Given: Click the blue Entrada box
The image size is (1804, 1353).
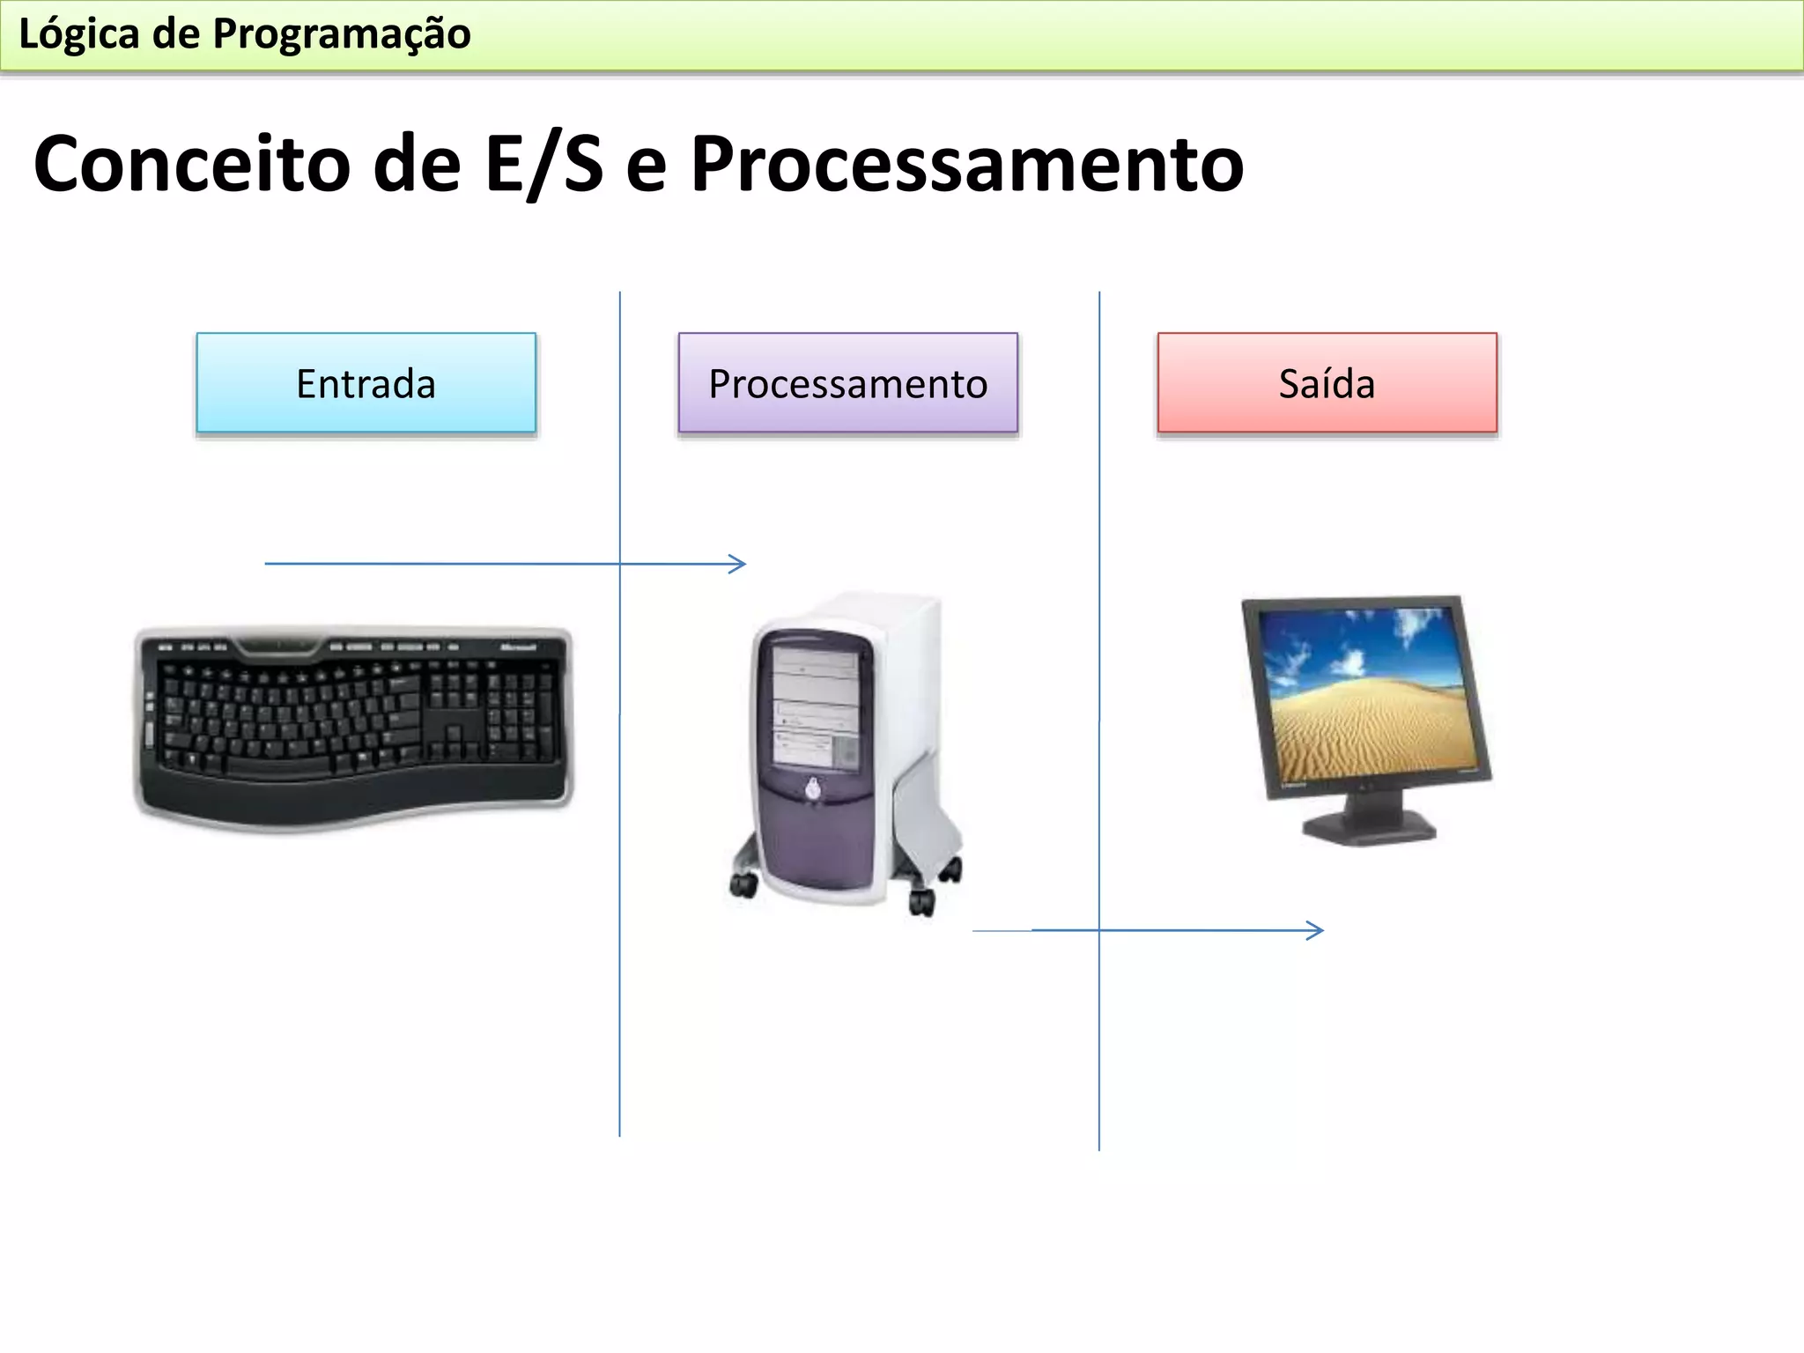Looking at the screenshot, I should [366, 383].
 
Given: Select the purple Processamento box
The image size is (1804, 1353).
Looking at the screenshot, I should [847, 383].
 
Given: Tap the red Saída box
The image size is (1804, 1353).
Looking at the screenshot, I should [1327, 383].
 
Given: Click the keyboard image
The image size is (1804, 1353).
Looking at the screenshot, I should [352, 727].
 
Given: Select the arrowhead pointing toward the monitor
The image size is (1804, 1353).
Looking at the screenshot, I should [1317, 930].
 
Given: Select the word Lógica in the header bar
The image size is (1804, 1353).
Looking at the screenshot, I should [79, 34].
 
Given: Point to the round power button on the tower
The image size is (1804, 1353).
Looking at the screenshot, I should [812, 789].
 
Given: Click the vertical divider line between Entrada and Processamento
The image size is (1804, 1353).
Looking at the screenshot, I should [620, 969].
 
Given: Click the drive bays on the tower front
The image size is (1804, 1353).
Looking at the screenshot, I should [816, 705].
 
